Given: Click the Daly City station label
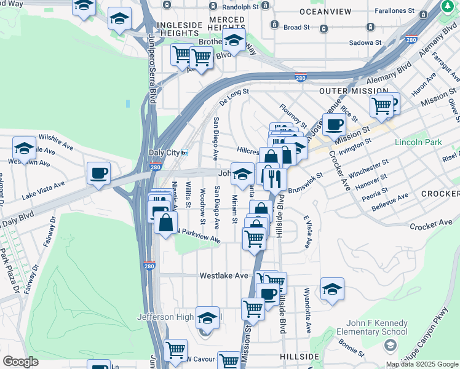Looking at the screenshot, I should pos(164,153).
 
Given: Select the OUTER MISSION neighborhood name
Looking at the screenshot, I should pos(346,91).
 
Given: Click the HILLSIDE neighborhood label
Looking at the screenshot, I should pos(299,357).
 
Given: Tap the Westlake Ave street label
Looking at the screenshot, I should pos(223,276).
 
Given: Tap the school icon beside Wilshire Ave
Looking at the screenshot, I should pos(24,148).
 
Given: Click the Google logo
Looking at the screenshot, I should pos(20,362).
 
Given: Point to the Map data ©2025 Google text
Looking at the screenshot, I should pos(421,364).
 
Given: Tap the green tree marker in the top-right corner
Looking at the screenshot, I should pos(451,7).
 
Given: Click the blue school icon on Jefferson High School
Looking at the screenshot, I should pos(207,318).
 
